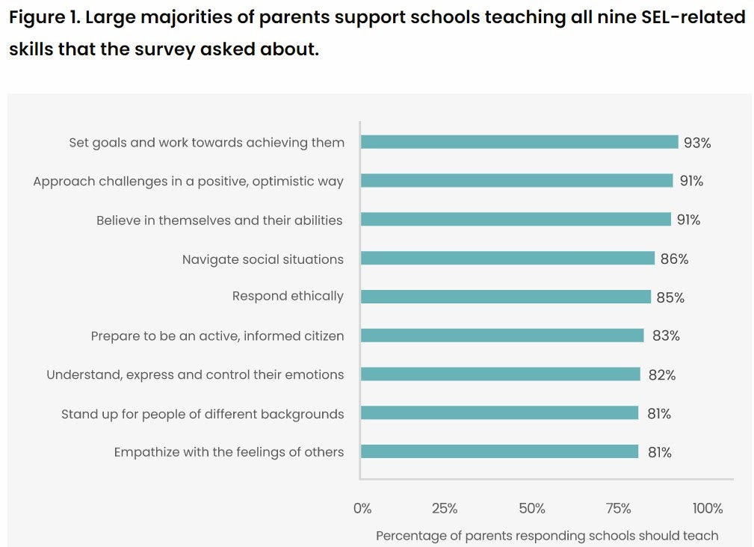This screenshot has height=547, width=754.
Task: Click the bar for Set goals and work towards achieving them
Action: pyautogui.click(x=519, y=142)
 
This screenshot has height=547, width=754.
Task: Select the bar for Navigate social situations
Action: pyautogui.click(x=507, y=259)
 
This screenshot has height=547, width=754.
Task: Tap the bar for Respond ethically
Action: pyautogui.click(x=506, y=297)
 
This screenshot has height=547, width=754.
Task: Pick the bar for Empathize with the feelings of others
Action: pyautogui.click(x=499, y=451)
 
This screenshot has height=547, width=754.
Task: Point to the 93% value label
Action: pyautogui.click(x=696, y=143)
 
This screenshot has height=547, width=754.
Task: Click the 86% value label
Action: pyautogui.click(x=674, y=259)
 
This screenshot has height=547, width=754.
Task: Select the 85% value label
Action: pyautogui.click(x=670, y=297)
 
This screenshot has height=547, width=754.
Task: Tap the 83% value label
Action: pyautogui.click(x=666, y=336)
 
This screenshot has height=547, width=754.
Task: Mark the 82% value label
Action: pyautogui.click(x=662, y=375)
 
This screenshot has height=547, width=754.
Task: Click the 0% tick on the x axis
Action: pyautogui.click(x=362, y=509)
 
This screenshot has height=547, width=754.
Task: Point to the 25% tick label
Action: pyautogui.click(x=445, y=509)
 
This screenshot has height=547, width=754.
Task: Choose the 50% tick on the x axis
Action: pyautogui.click(x=532, y=509)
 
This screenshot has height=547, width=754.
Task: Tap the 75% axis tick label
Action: pyautogui.click(x=618, y=509)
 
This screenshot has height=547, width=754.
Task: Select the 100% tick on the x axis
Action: pyautogui.click(x=707, y=509)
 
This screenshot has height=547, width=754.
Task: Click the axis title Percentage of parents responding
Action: pyautogui.click(x=546, y=535)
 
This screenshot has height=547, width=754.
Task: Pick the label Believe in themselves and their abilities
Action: pyautogui.click(x=220, y=220)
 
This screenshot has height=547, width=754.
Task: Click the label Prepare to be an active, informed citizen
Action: pyautogui.click(x=217, y=336)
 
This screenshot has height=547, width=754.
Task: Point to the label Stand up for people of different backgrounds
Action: pyautogui.click(x=203, y=414)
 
